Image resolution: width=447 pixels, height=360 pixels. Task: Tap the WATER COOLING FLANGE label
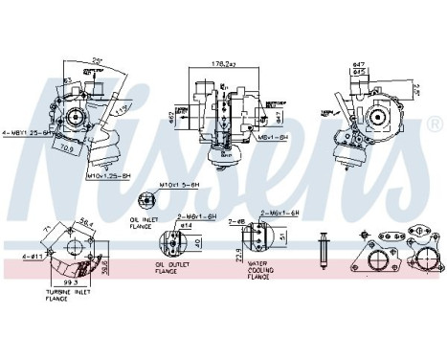262,270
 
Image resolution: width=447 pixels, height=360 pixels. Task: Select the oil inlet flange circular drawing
145,199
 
